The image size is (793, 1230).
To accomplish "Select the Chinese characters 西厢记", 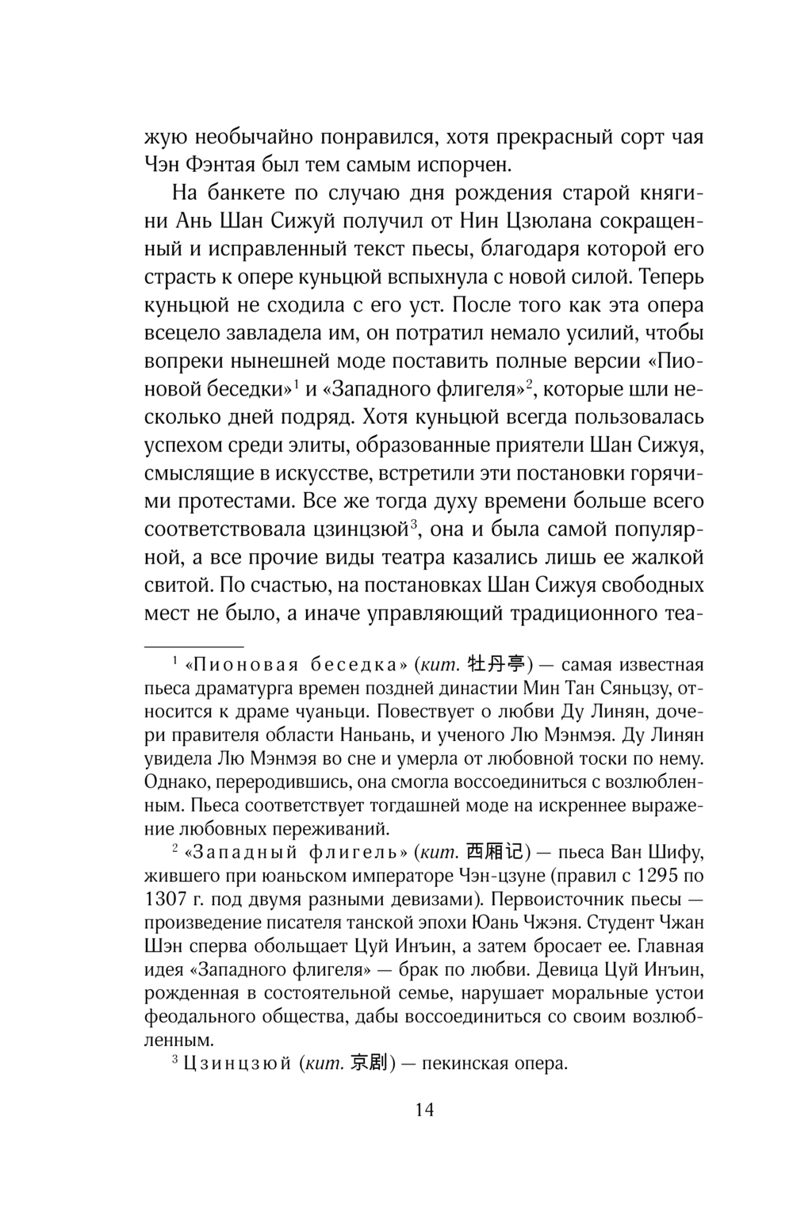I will coord(495,854).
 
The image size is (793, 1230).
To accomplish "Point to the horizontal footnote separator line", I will coord(193,625).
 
